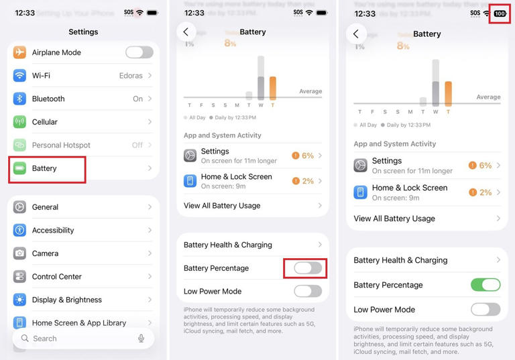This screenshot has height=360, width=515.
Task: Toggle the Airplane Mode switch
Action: [x=139, y=52]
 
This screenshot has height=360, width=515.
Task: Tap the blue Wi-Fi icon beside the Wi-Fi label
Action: [x=19, y=76]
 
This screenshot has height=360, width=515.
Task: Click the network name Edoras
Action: [x=131, y=76]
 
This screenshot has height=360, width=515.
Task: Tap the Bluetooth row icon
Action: [x=19, y=99]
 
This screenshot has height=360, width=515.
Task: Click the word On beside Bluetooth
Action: [x=137, y=99]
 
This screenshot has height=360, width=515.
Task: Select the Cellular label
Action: [x=45, y=122]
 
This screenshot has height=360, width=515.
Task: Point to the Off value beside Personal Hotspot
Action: [x=137, y=145]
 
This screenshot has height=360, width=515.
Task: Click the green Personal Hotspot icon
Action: [x=19, y=145]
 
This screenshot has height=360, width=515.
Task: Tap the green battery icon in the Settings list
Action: [x=19, y=168]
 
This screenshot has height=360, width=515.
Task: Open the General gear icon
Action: [x=19, y=207]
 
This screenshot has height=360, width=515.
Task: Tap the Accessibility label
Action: [x=53, y=230]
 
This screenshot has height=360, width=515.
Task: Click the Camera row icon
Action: [x=19, y=253]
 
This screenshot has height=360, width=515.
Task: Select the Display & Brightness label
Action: [x=67, y=300]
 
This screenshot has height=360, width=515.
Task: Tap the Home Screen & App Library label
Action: [x=79, y=322]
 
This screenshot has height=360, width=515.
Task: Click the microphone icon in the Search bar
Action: [x=141, y=339]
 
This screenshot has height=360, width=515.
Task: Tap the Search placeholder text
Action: [x=45, y=339]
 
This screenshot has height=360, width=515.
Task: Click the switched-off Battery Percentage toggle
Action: [x=308, y=268]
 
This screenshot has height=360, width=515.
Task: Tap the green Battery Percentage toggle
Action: [x=485, y=285]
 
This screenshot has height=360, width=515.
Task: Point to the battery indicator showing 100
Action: [x=500, y=13]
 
